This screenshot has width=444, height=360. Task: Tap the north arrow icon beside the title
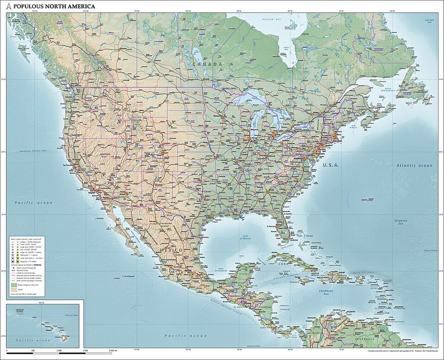click(x=8, y=6)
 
